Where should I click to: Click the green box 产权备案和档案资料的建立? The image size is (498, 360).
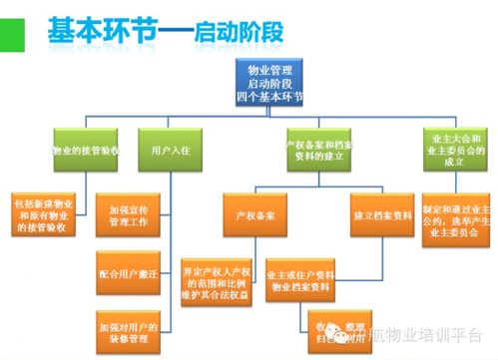coord(315,152)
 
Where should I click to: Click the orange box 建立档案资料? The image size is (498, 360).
coord(384,214)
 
